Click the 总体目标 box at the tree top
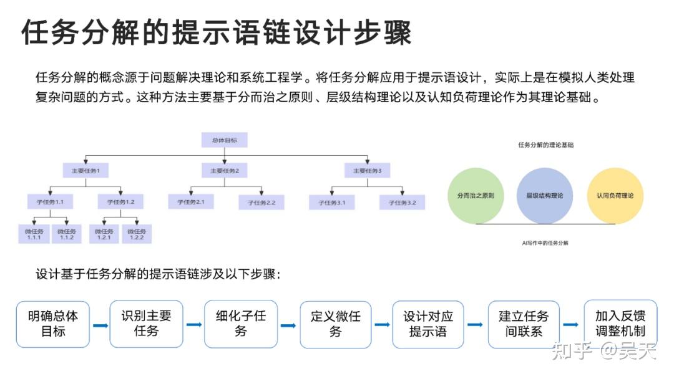click(x=224, y=140)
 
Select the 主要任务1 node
click(x=85, y=170)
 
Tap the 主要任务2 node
click(x=224, y=170)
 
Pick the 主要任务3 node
click(x=367, y=170)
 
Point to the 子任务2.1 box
click(x=191, y=202)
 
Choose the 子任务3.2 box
click(x=403, y=202)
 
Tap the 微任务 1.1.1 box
click(x=34, y=234)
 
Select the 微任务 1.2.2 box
click(x=137, y=234)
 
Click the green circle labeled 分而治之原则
click(x=476, y=195)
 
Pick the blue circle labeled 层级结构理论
click(x=544, y=195)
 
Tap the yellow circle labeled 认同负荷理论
click(x=615, y=195)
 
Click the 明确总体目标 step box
click(x=53, y=324)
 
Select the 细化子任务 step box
click(x=241, y=324)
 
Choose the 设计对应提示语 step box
click(x=428, y=324)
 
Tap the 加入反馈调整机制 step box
click(x=620, y=323)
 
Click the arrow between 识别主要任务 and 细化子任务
click(x=193, y=325)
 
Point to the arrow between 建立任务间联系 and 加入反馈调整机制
click(x=570, y=325)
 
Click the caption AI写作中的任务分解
click(x=545, y=242)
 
